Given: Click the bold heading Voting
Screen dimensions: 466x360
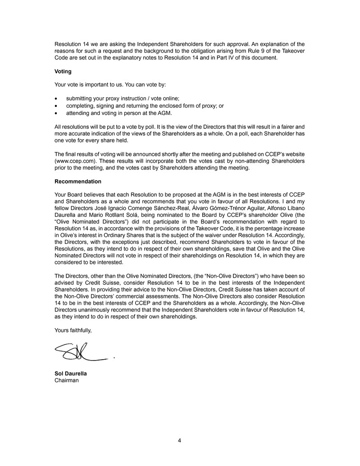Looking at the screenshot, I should pyautogui.click(x=63, y=71).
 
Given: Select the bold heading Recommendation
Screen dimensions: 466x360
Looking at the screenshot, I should pyautogui.click(x=77, y=182).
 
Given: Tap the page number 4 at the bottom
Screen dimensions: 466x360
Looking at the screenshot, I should pyautogui.click(x=179, y=441).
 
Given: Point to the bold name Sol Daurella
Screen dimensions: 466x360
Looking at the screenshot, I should pyautogui.click(x=71, y=374).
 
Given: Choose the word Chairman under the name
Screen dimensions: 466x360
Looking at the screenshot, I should pyautogui.click(x=66, y=381).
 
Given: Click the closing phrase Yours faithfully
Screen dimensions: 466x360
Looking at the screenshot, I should pyautogui.click(x=73, y=330).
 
